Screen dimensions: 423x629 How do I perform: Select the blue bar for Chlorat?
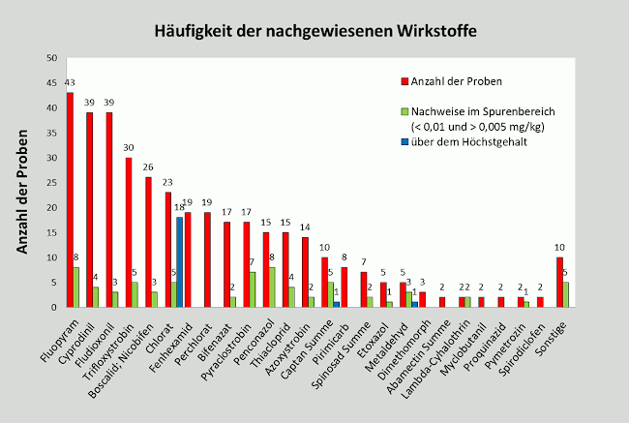pyautogui.click(x=180, y=261)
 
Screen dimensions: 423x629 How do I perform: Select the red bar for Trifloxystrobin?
pyautogui.click(x=129, y=232)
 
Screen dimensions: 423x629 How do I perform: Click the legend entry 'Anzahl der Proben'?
pyautogui.click(x=455, y=79)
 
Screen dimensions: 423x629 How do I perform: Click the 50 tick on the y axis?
pyautogui.click(x=49, y=57)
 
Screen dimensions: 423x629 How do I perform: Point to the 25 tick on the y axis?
pyautogui.click(x=49, y=182)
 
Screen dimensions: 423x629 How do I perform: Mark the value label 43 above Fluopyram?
pyautogui.click(x=70, y=82)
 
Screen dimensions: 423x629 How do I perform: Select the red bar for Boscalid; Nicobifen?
pyautogui.click(x=148, y=242)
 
